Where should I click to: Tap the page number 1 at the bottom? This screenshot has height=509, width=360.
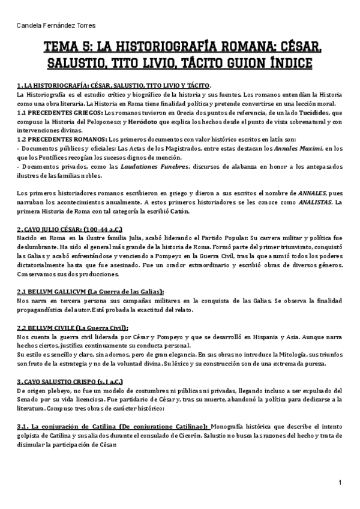(x=340, y=482)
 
